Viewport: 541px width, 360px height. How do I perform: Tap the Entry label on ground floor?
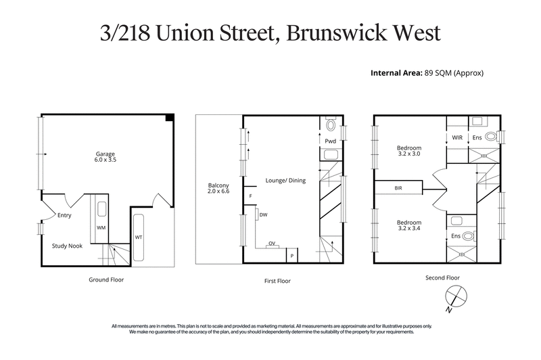[x=64, y=216]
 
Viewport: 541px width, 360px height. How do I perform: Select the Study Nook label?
[x=67, y=246]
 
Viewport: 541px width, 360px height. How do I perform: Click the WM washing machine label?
[x=101, y=227]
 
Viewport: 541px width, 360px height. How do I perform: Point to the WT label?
[x=139, y=238]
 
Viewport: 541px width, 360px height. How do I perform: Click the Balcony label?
[x=218, y=189]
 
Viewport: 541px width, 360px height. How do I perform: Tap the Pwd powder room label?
[x=330, y=141]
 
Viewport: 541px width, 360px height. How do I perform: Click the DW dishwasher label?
[x=263, y=216]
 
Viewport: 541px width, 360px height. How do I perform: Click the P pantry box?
[x=292, y=256]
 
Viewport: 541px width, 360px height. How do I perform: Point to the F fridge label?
[x=250, y=197]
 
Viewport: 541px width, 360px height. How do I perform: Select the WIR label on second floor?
[x=457, y=137]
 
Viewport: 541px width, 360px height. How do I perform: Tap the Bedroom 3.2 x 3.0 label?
[x=409, y=151]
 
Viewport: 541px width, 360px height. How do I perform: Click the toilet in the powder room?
[x=331, y=125]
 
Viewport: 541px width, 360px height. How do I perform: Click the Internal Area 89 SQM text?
[x=427, y=72]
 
